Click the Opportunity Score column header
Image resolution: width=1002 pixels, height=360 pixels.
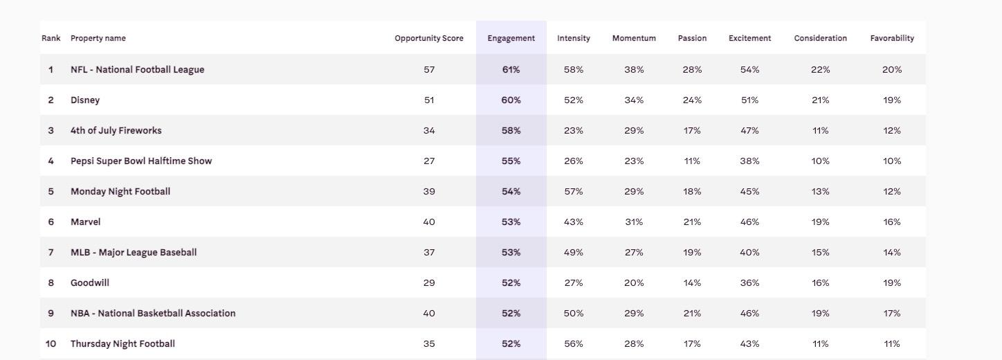click(x=429, y=38)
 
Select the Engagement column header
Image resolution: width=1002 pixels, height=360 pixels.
click(x=511, y=38)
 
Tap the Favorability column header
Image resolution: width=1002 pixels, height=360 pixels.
click(x=892, y=38)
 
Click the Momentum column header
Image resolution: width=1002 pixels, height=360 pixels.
click(x=634, y=38)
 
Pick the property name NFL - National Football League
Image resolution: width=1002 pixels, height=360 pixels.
click(x=137, y=69)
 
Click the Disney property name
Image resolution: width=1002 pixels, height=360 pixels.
click(x=85, y=100)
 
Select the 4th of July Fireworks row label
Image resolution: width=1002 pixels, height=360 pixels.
click(x=116, y=130)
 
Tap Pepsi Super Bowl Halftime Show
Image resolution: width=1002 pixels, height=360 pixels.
click(x=141, y=161)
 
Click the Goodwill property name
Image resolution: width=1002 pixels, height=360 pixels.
click(x=90, y=282)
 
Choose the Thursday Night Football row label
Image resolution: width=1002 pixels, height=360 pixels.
click(x=122, y=343)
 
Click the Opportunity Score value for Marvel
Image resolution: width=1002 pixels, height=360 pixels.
click(x=429, y=222)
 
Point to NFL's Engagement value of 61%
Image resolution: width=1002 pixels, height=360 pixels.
click(x=511, y=69)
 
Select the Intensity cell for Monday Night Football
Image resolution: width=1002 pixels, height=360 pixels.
click(x=574, y=191)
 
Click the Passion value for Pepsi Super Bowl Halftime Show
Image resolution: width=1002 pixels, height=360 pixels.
click(x=692, y=161)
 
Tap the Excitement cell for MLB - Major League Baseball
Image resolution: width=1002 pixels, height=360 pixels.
click(x=749, y=252)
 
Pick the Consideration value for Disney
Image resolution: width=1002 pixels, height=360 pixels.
click(x=821, y=100)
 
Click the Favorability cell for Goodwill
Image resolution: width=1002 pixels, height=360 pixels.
click(x=892, y=282)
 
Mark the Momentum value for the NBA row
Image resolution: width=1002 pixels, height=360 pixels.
click(x=634, y=313)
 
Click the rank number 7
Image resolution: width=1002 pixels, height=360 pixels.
click(x=51, y=252)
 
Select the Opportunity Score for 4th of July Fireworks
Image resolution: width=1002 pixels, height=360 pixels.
click(x=429, y=130)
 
